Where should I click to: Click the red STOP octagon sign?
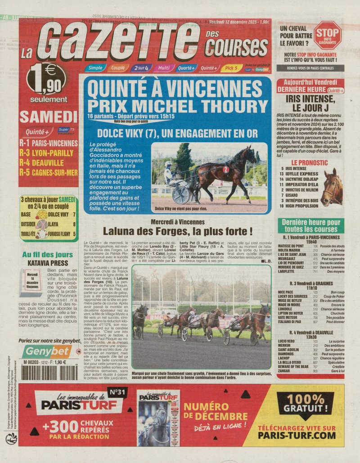(327, 35)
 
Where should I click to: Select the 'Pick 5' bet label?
(231, 68)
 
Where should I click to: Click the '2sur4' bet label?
(141, 68)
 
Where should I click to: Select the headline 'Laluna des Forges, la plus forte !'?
(178, 232)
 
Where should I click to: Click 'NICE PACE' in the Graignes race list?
(288, 292)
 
